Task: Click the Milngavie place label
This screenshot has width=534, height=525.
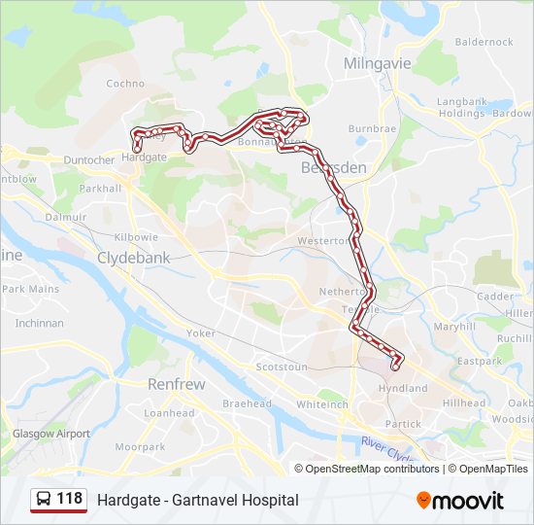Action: click(378, 63)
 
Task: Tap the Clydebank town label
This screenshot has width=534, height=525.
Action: click(133, 259)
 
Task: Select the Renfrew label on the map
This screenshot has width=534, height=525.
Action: click(176, 384)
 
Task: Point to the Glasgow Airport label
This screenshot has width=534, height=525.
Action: click(50, 434)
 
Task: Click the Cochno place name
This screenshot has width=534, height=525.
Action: click(125, 84)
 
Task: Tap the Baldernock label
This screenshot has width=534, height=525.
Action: click(484, 42)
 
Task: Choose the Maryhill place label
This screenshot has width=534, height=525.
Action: click(455, 327)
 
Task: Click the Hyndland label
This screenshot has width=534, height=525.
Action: click(403, 388)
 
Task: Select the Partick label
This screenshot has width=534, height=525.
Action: click(403, 424)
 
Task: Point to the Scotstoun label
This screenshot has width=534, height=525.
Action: click(281, 367)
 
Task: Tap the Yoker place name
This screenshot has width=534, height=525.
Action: click(201, 332)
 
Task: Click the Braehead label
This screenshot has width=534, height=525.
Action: click(247, 403)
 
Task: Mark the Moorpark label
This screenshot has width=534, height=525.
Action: click(140, 447)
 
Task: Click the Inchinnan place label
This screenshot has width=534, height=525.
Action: click(39, 323)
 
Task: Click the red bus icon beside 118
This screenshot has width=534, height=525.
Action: click(44, 500)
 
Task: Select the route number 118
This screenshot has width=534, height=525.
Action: click(70, 499)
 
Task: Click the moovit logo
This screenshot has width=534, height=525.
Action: click(460, 501)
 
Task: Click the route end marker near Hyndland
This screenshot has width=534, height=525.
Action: click(395, 366)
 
